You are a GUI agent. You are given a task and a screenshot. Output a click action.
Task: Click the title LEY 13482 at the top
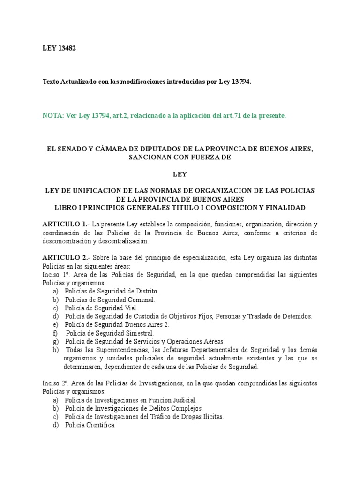(x=59, y=47)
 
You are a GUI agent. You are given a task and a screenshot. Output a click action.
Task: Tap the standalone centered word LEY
(x=180, y=174)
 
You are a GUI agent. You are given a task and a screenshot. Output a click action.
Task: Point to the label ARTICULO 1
(x=65, y=225)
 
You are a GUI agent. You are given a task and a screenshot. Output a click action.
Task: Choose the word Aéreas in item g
(x=211, y=342)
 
